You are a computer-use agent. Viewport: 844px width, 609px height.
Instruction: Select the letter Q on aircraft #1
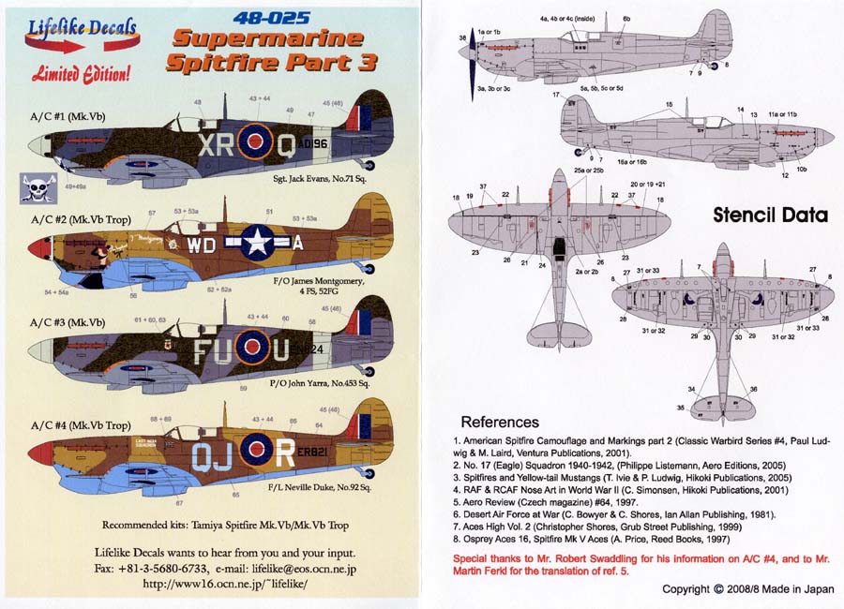tap(289, 144)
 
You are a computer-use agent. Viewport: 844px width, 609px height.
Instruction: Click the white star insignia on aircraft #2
tap(256, 243)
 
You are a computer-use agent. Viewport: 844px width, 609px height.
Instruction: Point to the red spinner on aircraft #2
tap(38, 248)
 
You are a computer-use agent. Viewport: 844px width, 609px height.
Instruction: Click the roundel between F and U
tap(250, 350)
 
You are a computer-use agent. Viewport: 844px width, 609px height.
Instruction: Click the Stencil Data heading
tap(770, 215)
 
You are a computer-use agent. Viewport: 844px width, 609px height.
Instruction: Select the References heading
tap(500, 422)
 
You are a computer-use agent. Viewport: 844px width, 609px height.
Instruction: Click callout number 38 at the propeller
tap(463, 37)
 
